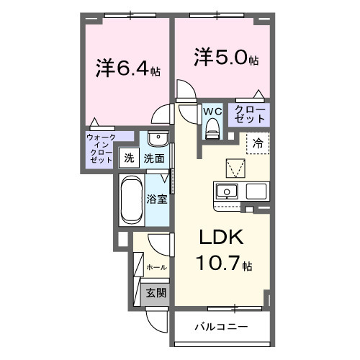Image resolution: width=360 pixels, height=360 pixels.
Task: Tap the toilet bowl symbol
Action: pos(212,129)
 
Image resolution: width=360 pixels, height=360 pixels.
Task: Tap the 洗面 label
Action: pos(153,158)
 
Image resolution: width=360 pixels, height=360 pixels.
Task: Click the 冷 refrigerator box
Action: pos(257,143)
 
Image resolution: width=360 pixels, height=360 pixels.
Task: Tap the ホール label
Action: pos(156,267)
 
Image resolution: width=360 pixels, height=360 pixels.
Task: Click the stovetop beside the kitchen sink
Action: pos(257,192)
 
